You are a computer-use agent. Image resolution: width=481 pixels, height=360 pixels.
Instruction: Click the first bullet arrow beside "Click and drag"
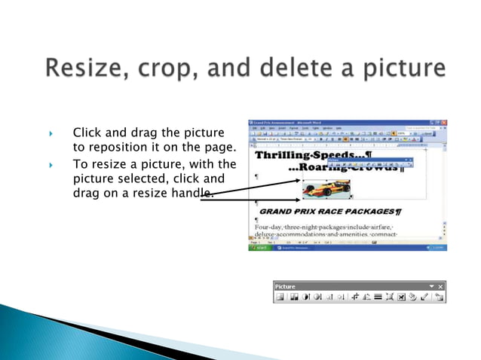tap(51, 134)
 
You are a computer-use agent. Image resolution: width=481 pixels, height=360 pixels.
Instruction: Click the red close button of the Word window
tap(444, 122)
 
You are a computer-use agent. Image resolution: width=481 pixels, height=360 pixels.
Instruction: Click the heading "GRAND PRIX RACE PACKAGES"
tap(328, 212)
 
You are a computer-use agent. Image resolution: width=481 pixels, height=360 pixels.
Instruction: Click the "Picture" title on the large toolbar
tap(285, 286)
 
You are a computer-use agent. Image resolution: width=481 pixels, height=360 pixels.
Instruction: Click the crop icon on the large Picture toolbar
tap(354, 297)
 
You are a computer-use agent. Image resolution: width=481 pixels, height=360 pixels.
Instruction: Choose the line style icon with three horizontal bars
tap(378, 297)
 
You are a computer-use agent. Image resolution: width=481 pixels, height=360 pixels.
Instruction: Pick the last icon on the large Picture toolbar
tap(438, 297)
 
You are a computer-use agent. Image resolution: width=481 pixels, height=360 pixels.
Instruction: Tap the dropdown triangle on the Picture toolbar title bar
tap(431, 286)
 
